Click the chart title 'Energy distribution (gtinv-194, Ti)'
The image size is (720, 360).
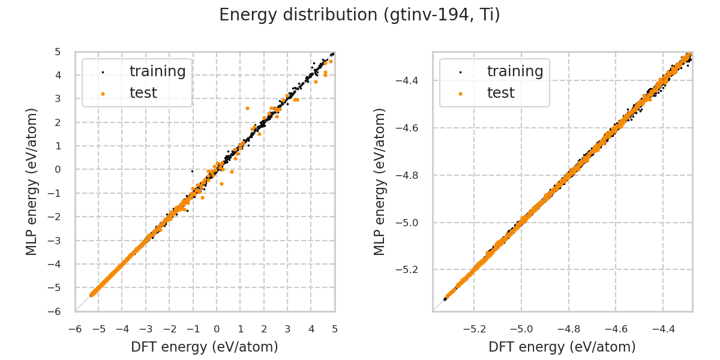pos(359,15)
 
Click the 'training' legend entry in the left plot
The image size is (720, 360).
pos(157,71)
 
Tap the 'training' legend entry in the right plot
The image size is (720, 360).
pos(515,71)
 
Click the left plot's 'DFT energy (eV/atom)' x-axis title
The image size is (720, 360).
pos(205,347)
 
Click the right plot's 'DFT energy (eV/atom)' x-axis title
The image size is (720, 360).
pos(562,347)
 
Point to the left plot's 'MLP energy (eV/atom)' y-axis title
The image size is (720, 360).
pos(32,181)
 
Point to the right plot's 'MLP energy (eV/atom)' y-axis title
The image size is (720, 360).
pos(380,181)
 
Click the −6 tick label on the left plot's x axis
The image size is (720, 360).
pos(75,329)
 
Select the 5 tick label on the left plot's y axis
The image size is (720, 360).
pos(58,52)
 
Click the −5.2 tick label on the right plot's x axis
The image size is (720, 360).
pos(473,329)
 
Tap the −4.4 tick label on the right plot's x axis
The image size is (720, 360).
pos(662,329)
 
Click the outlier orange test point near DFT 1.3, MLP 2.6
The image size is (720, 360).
pos(247,108)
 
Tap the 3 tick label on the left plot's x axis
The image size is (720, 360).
pos(287,329)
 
